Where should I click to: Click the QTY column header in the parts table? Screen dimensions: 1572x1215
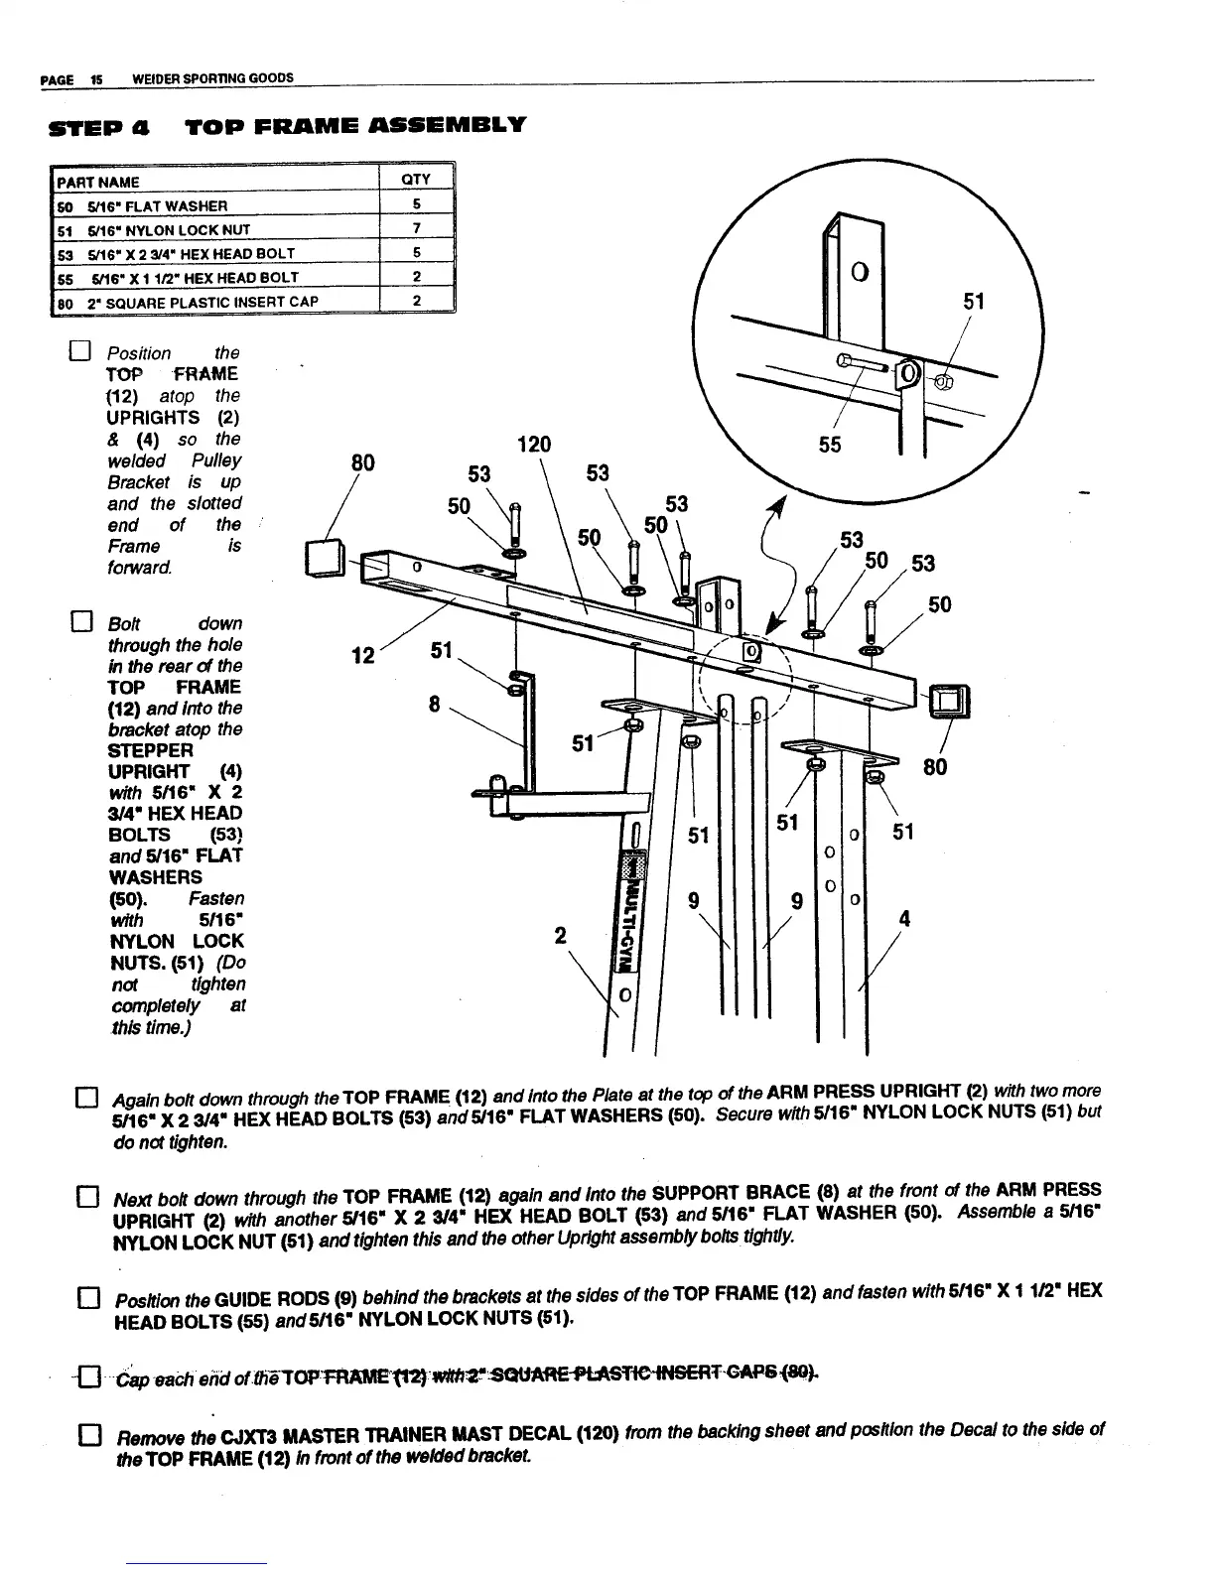pos(416,180)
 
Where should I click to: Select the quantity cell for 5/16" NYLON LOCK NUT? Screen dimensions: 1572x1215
pos(417,229)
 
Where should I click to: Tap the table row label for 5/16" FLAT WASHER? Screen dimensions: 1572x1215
pos(149,205)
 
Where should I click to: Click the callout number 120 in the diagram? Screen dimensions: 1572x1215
pos(534,444)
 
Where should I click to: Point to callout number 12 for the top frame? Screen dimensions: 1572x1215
pos(363,656)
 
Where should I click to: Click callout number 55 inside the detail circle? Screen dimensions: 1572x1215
pos(830,445)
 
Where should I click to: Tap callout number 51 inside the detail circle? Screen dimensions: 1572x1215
pos(974,301)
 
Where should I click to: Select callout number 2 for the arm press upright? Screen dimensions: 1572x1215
pos(561,935)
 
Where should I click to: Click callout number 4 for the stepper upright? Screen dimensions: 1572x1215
pos(903,919)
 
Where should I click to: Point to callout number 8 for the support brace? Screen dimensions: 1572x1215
pos(434,704)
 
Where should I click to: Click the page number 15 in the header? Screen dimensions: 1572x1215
pos(96,78)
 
